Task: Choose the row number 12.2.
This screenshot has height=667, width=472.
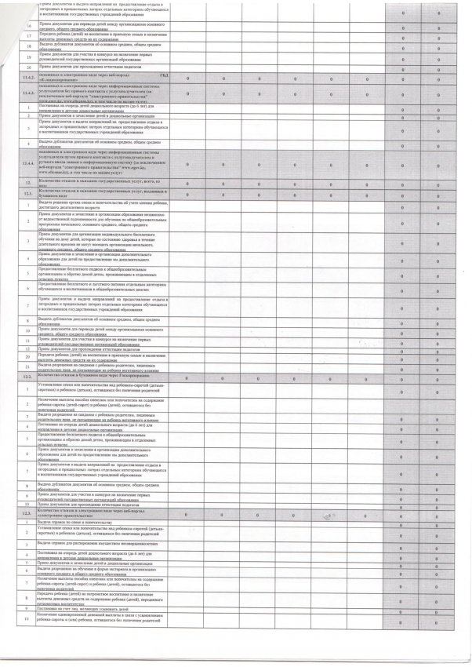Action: coord(28,377)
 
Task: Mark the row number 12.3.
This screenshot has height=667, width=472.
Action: coord(28,512)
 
